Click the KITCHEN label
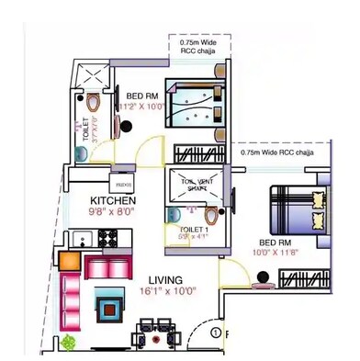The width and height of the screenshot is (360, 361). (x=113, y=199)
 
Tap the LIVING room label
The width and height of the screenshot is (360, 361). (x=163, y=279)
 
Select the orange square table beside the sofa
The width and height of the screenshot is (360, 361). (x=69, y=260)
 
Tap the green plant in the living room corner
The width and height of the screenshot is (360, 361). (x=68, y=343)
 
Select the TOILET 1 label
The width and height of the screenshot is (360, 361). (x=192, y=228)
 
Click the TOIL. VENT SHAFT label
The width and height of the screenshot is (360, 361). (x=191, y=186)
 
